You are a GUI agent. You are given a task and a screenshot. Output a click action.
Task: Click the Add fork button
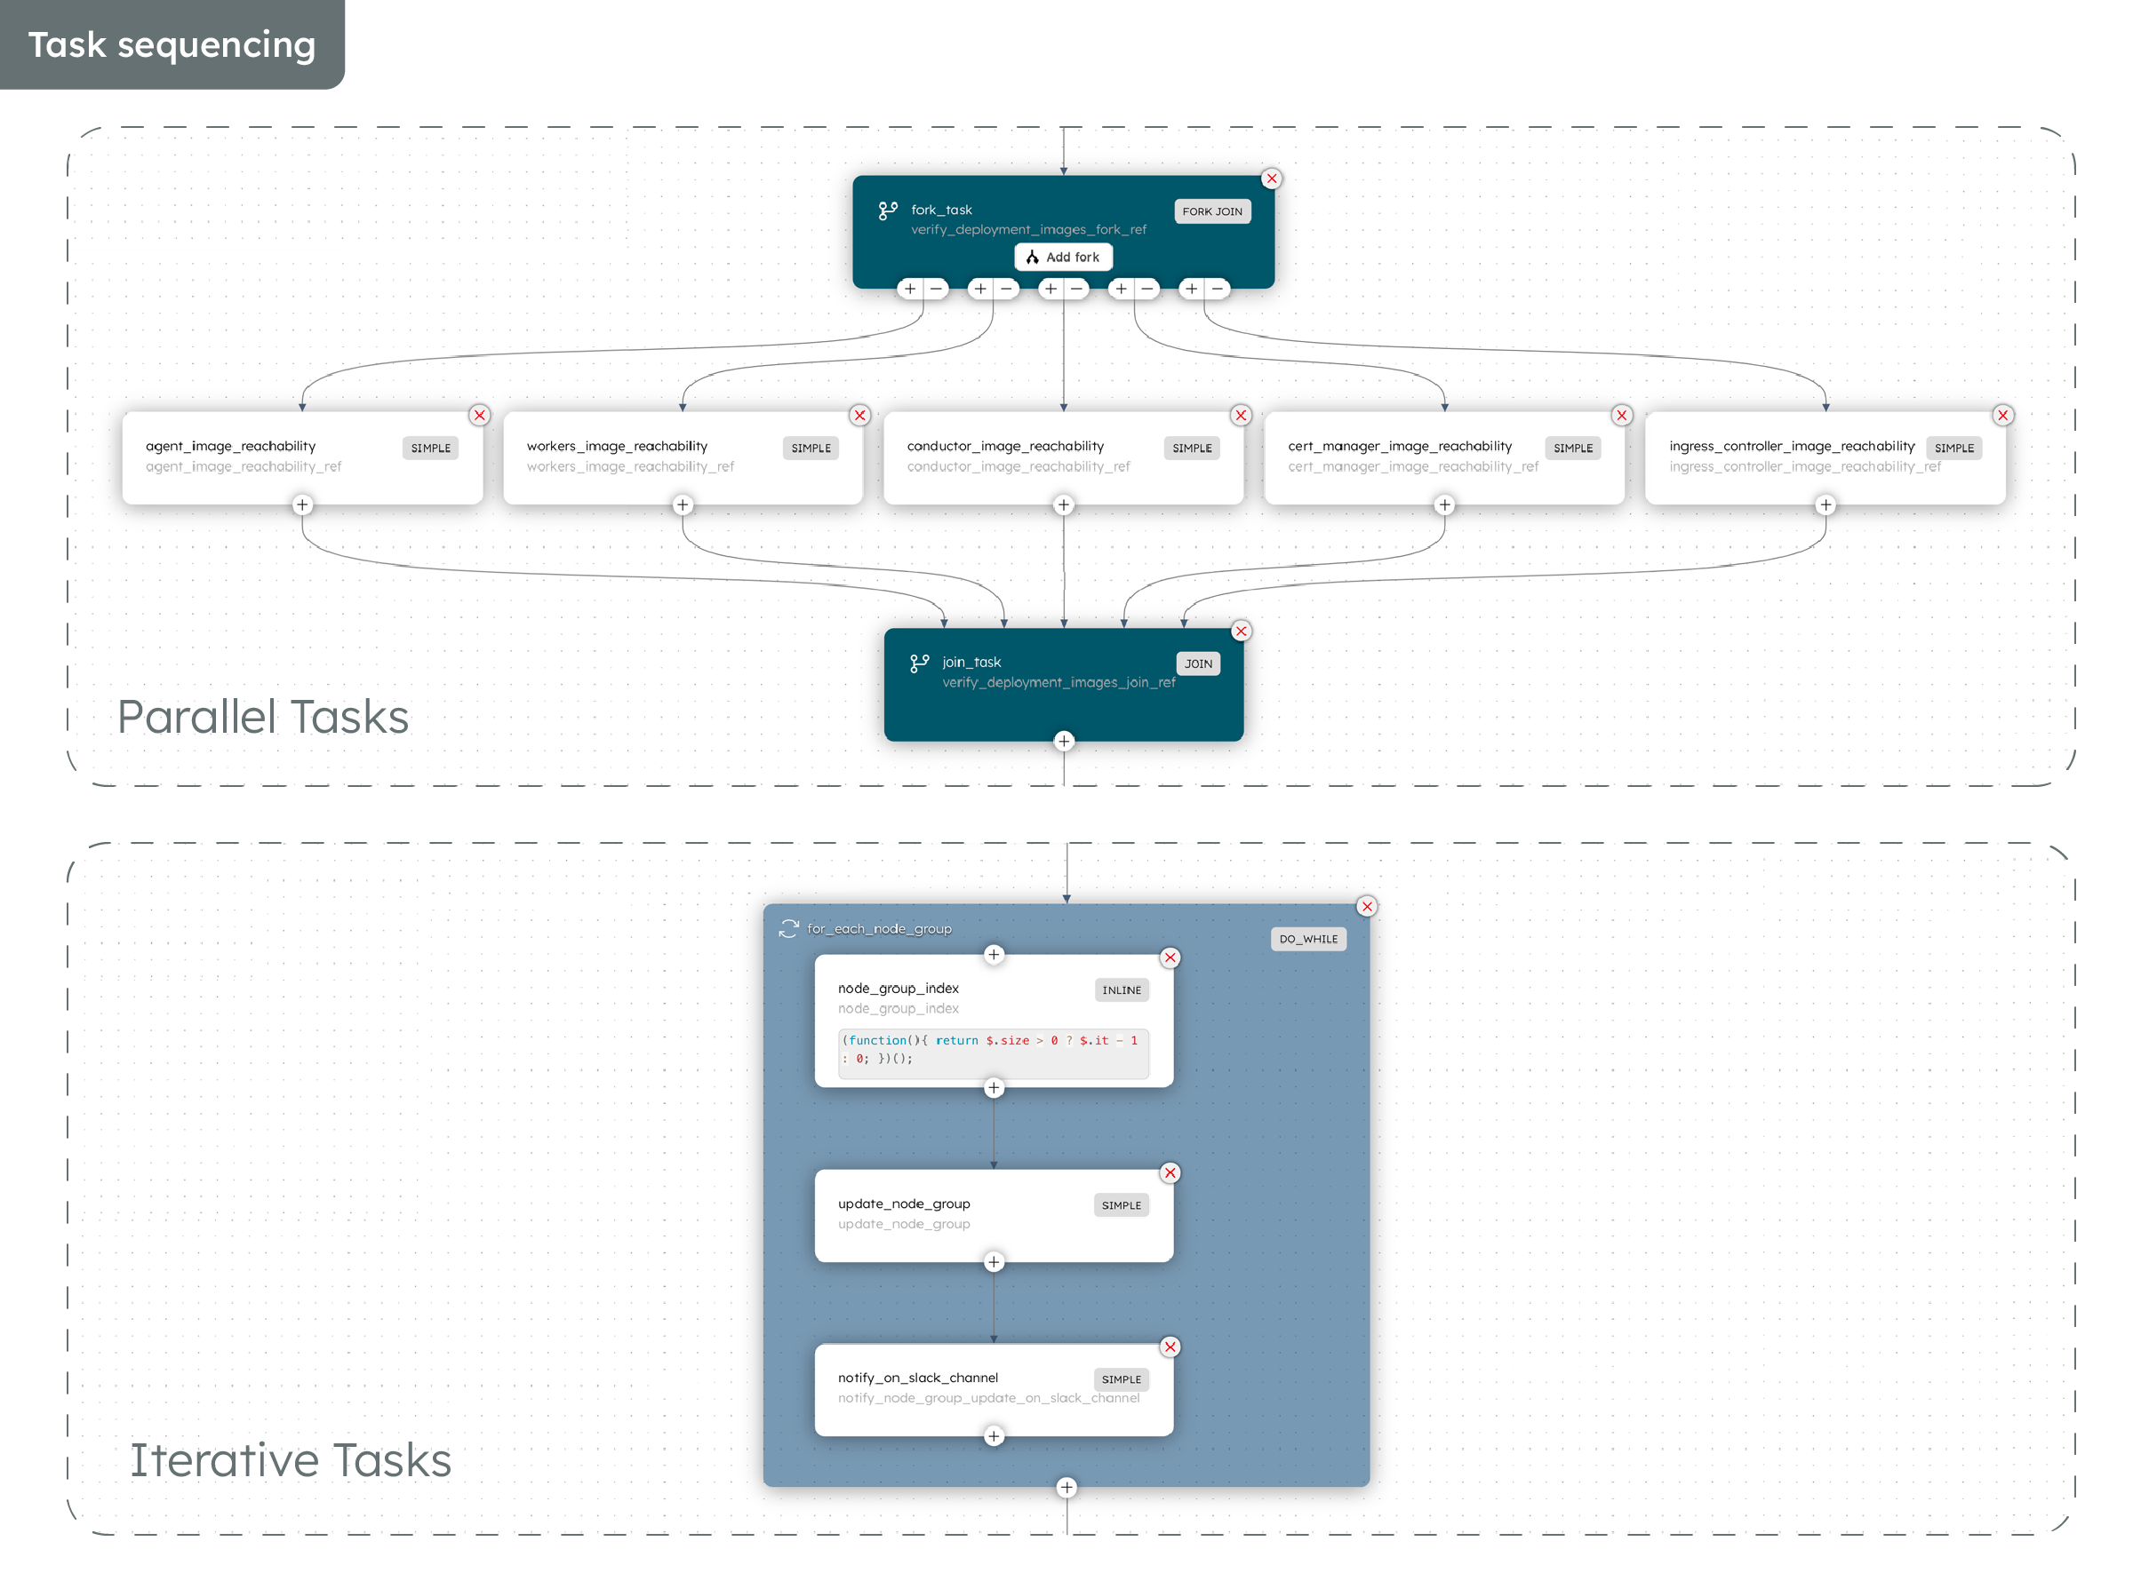1063,258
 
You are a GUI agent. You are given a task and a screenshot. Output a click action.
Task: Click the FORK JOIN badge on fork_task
1211,211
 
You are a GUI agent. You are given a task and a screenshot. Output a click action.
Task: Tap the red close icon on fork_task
1272,179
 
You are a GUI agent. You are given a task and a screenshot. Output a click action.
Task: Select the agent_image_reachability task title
231,446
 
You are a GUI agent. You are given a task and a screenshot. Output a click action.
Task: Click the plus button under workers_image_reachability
683,505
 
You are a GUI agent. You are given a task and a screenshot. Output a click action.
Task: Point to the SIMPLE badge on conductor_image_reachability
1191,448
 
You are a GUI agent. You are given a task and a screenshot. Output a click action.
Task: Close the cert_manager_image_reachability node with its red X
1622,416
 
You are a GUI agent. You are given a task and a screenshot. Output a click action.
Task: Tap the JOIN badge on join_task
1198,664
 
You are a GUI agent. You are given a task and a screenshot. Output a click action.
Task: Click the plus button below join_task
1064,742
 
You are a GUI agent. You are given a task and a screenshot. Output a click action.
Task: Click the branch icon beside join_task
919,663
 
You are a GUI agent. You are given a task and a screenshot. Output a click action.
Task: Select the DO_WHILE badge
1307,940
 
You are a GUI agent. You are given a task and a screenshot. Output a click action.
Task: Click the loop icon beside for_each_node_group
788,929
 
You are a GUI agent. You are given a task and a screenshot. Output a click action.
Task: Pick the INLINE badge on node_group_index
1121,990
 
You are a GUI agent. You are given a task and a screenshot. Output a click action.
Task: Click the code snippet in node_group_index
993,1050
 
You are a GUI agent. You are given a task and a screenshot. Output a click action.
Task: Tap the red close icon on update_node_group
1170,1173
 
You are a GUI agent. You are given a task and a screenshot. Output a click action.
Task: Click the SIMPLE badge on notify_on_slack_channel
1121,1380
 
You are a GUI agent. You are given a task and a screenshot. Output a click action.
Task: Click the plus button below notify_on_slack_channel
994,1437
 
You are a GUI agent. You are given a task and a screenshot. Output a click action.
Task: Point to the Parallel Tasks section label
263,717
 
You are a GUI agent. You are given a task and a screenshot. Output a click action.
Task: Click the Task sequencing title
172,45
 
